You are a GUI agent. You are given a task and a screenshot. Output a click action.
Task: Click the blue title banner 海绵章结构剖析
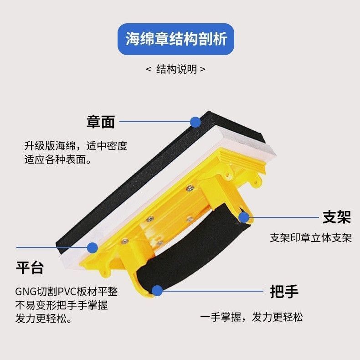coord(176,39)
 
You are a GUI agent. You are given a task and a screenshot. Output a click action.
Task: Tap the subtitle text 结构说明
coord(176,69)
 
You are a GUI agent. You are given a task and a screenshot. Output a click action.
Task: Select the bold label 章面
coord(101,122)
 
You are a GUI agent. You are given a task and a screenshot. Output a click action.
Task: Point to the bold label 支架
coord(337,217)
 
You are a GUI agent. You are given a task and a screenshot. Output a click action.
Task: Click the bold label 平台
coord(30,267)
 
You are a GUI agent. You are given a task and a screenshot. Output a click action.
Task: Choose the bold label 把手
coord(284,292)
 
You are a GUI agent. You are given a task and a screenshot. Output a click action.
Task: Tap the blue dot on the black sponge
coord(195,122)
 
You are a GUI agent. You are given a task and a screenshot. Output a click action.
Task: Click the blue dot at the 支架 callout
coord(244,217)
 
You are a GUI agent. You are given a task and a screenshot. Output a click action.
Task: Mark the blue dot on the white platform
coord(93,248)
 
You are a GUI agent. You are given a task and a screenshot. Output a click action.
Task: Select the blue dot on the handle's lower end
coord(157,291)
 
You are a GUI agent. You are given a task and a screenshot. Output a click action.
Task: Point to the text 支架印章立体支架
coord(311,238)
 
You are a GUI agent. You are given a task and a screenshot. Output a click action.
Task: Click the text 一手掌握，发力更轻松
coord(252,317)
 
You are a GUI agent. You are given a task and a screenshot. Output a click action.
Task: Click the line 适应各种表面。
coord(57,159)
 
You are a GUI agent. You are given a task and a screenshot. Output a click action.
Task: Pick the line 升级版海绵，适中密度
coord(76,146)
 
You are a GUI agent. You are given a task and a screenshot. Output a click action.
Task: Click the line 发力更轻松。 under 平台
coord(44,319)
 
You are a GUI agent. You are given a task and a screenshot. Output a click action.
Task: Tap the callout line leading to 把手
coord(213,291)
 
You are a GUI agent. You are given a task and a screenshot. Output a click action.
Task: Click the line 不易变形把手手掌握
coord(62,305)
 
